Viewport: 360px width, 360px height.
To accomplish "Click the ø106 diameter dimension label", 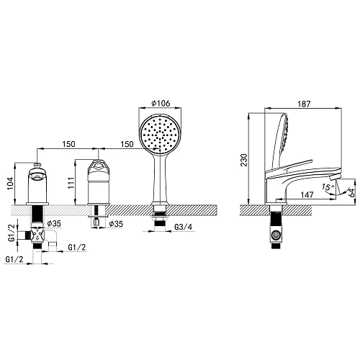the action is point(161,103).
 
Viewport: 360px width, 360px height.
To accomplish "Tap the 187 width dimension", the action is point(304,104).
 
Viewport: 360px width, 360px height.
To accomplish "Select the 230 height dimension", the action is point(243,160).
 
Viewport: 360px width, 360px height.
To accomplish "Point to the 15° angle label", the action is point(328,186).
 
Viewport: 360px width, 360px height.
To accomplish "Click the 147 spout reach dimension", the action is point(307,194).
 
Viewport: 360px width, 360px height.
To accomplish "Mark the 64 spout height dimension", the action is point(351,193).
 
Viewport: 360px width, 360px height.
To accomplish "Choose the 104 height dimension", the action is point(10,184).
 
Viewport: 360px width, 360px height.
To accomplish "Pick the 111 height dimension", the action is point(71,183).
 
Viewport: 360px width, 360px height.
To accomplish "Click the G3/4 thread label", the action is point(184,227).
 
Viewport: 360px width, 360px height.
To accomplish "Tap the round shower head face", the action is point(160,135).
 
